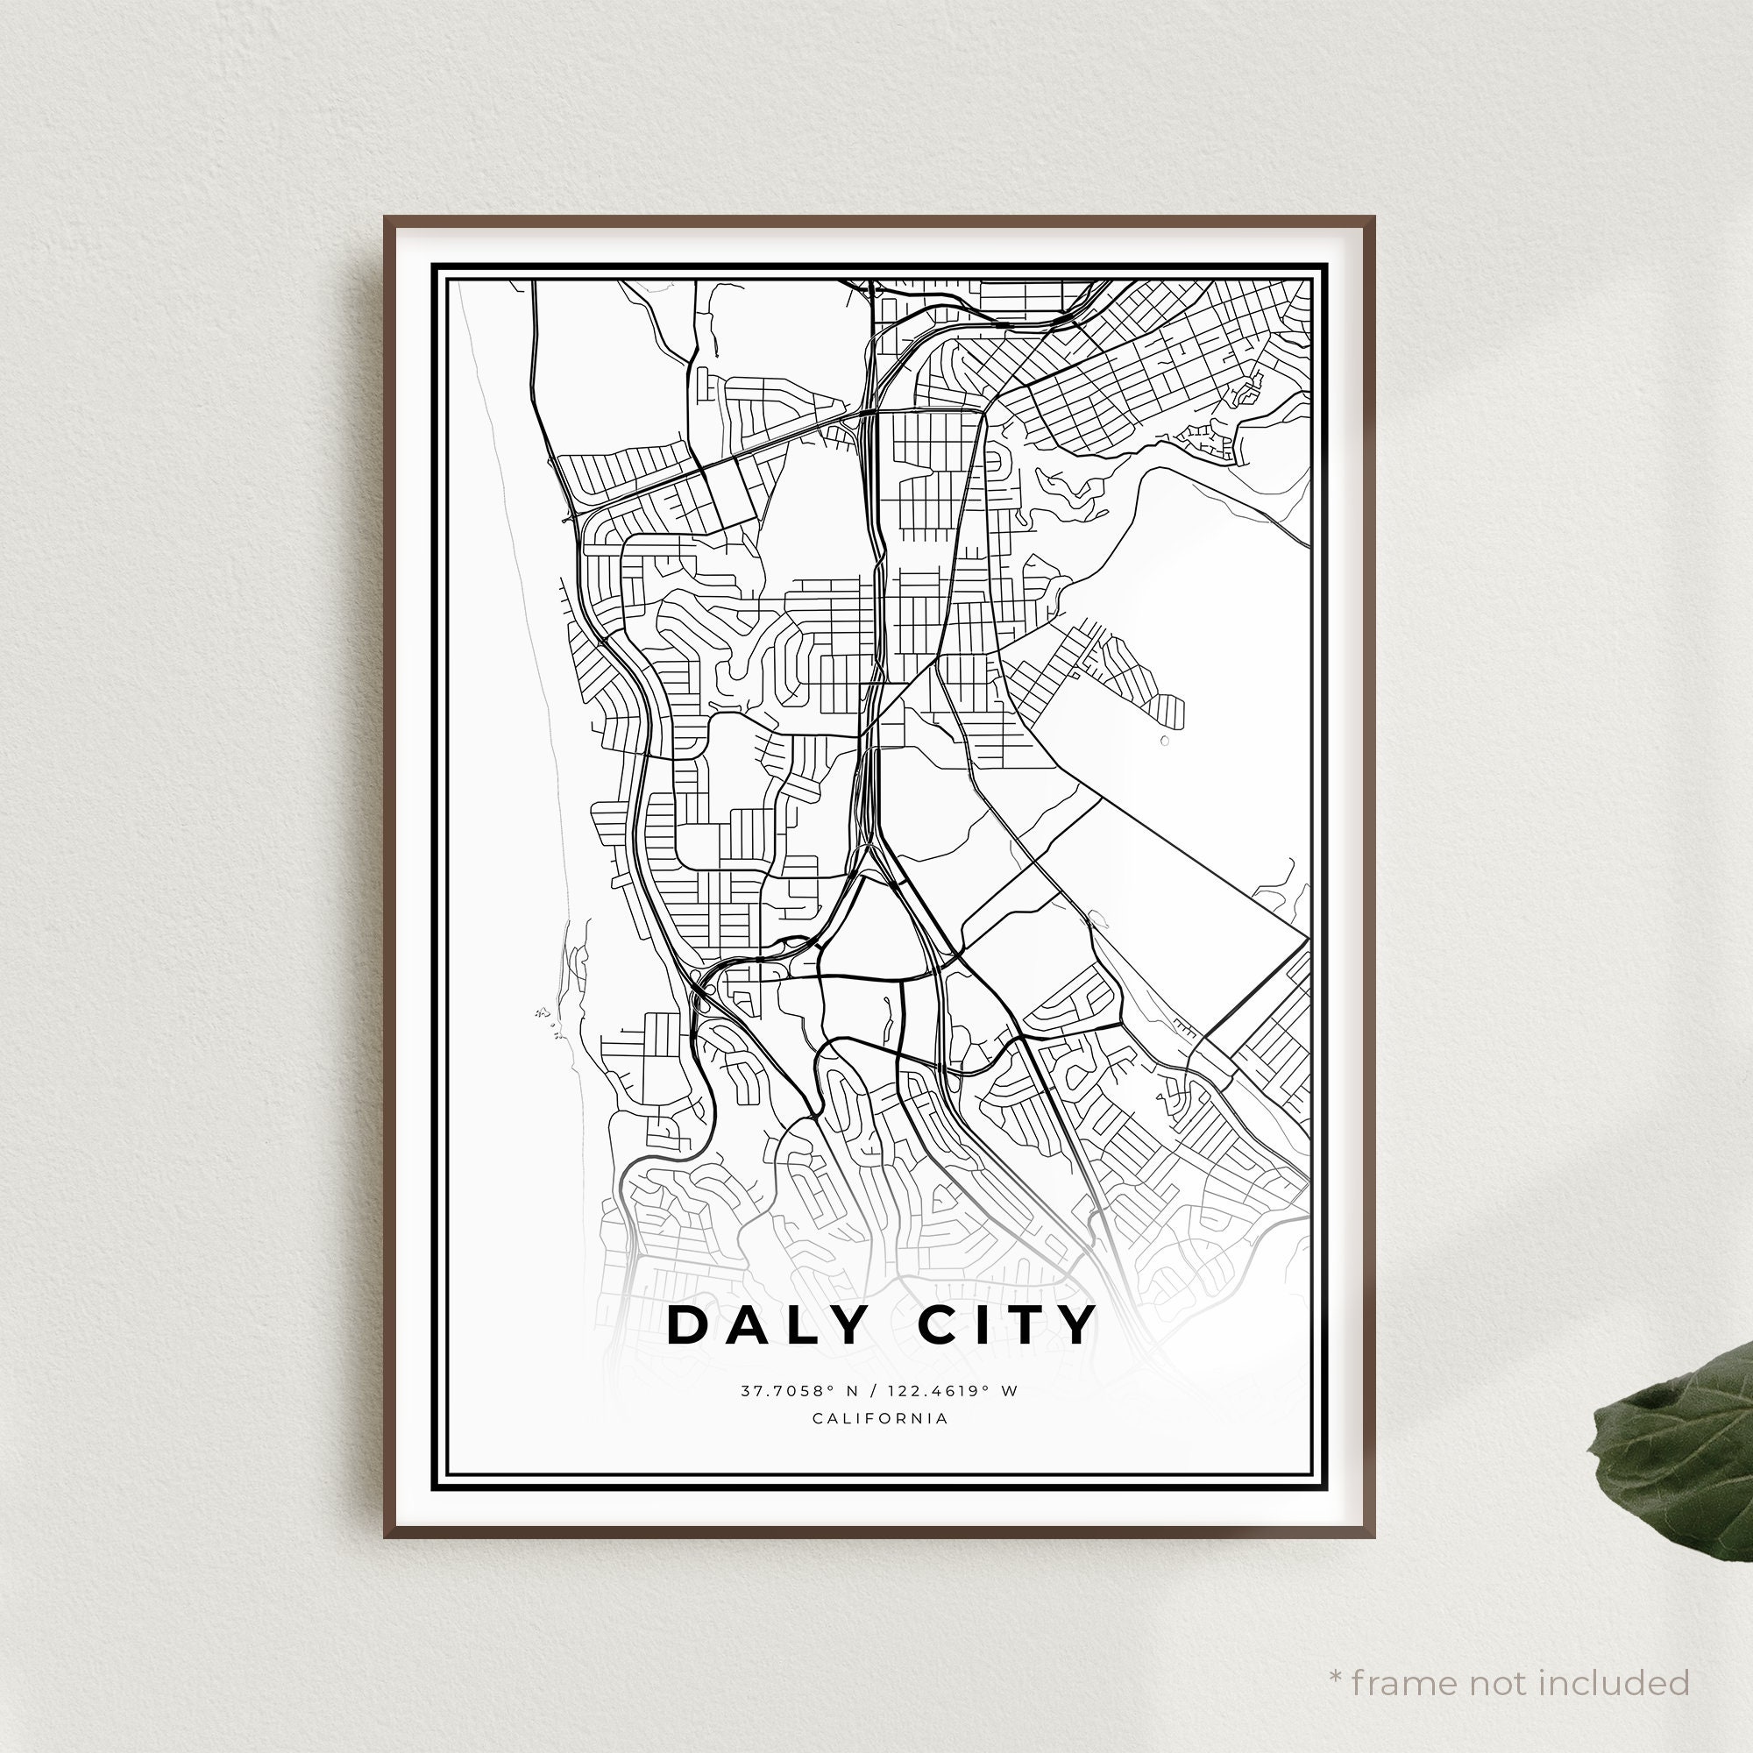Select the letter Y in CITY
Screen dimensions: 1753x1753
click(x=1079, y=1325)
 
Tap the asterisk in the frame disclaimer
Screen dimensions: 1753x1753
click(x=1337, y=1651)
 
